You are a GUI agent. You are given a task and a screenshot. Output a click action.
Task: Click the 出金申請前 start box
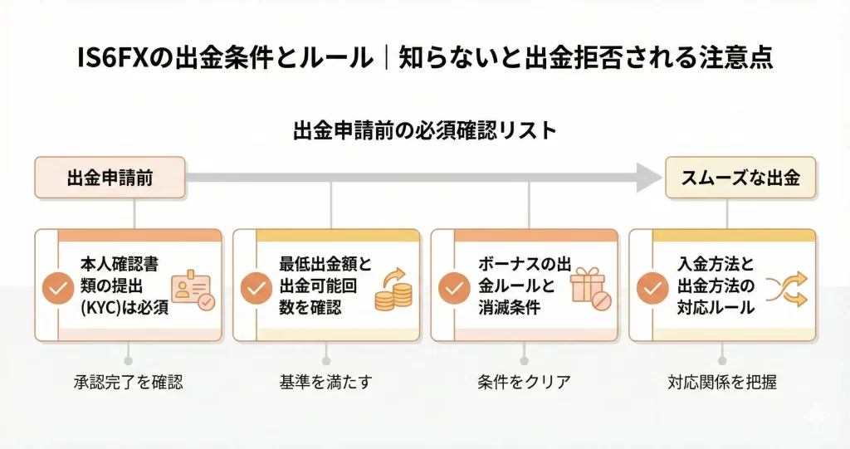pyautogui.click(x=110, y=178)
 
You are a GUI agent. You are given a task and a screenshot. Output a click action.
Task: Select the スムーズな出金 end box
pyautogui.click(x=740, y=178)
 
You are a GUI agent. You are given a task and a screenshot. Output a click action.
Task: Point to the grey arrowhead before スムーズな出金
pyautogui.click(x=647, y=177)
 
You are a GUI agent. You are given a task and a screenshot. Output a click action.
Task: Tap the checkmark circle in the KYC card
pyautogui.click(x=58, y=288)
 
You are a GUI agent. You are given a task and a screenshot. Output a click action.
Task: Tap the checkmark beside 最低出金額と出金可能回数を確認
pyautogui.click(x=256, y=288)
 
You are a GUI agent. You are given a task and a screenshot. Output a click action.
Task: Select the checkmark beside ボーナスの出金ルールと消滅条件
pyautogui.click(x=454, y=288)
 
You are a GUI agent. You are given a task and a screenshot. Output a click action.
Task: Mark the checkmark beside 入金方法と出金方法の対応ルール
pyautogui.click(x=652, y=288)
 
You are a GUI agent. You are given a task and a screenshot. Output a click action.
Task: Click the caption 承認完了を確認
pyautogui.click(x=128, y=383)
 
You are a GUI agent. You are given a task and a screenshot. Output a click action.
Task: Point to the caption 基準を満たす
pyautogui.click(x=326, y=383)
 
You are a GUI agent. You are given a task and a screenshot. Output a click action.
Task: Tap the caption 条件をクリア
pyautogui.click(x=524, y=383)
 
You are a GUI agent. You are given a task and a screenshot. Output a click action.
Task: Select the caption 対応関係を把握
pyautogui.click(x=722, y=383)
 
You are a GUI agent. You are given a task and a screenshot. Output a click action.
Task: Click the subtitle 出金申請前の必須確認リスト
pyautogui.click(x=424, y=130)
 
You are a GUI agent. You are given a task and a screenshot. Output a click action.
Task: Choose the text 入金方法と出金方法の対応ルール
pyautogui.click(x=716, y=286)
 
